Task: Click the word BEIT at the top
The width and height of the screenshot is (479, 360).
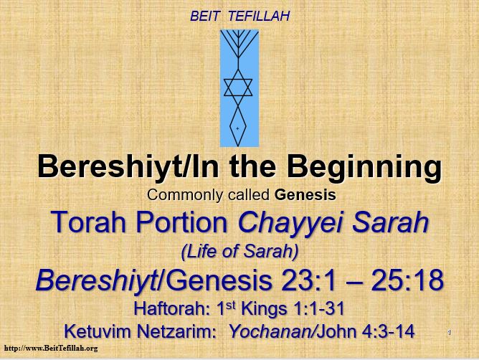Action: point(204,16)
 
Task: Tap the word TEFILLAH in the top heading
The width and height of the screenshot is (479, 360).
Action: point(259,16)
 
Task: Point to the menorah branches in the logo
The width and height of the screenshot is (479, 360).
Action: point(239,44)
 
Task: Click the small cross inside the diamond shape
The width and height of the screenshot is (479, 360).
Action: point(237,128)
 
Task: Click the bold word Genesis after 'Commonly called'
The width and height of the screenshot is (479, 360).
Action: point(305,194)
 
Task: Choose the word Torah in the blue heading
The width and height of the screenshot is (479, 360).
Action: point(89,222)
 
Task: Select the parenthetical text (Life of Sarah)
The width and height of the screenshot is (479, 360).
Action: point(239,252)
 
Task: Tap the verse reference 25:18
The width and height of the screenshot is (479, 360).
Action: point(407,280)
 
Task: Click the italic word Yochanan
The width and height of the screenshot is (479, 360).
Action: point(270,331)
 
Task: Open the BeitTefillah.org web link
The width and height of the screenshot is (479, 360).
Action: point(51,348)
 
